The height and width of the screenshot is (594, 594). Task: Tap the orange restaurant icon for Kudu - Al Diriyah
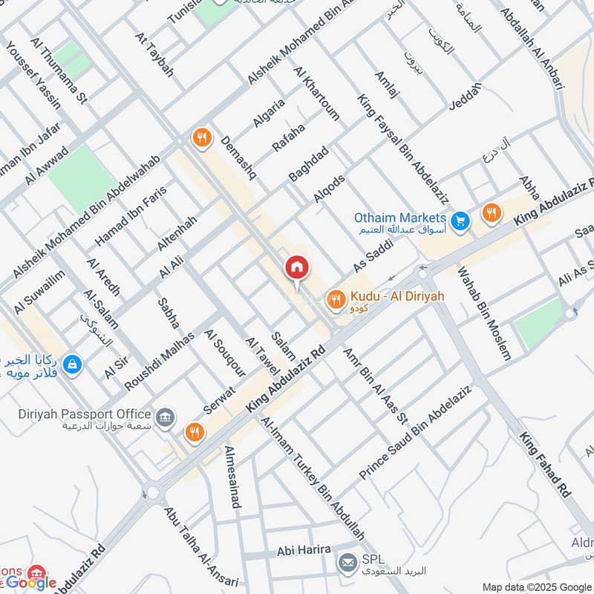pos(336,299)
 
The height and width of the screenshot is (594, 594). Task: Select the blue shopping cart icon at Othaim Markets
pos(460,220)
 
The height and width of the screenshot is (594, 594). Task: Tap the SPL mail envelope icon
pos(347,563)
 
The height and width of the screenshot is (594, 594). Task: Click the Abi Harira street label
pos(304,551)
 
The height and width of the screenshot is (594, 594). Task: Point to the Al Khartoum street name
pos(317,94)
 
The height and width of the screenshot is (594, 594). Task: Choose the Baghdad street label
pos(309,163)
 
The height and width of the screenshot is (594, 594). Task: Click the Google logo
pos(32,582)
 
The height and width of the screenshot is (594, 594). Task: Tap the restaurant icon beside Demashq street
pos(201,137)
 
